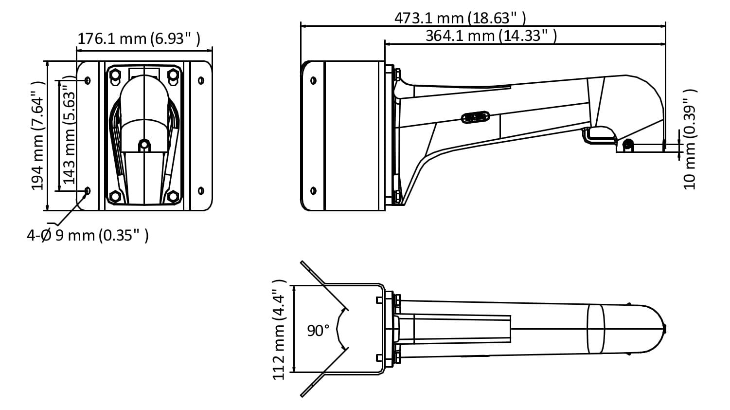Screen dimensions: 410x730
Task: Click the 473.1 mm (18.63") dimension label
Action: (460, 18)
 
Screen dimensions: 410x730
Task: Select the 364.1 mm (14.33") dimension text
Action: (491, 36)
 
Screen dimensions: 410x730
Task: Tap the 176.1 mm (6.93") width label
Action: (139, 39)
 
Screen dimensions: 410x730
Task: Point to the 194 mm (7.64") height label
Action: (38, 135)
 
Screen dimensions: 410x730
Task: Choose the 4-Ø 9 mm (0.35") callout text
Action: (88, 235)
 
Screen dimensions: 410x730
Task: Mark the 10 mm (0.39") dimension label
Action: (690, 139)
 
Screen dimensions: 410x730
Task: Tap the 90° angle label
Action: (318, 331)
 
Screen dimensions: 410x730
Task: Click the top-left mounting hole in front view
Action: (88, 80)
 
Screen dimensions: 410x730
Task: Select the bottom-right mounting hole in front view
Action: (201, 190)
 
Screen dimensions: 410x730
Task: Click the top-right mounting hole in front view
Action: (201, 80)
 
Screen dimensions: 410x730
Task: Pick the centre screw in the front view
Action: (144, 145)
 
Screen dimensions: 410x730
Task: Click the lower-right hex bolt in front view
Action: (173, 196)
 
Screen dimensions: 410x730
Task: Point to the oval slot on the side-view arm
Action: (475, 117)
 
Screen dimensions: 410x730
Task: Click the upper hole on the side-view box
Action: (313, 80)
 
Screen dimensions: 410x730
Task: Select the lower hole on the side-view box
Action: (313, 190)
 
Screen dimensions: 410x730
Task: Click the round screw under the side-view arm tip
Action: (628, 144)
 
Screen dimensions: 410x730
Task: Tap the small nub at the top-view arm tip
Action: (664, 329)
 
